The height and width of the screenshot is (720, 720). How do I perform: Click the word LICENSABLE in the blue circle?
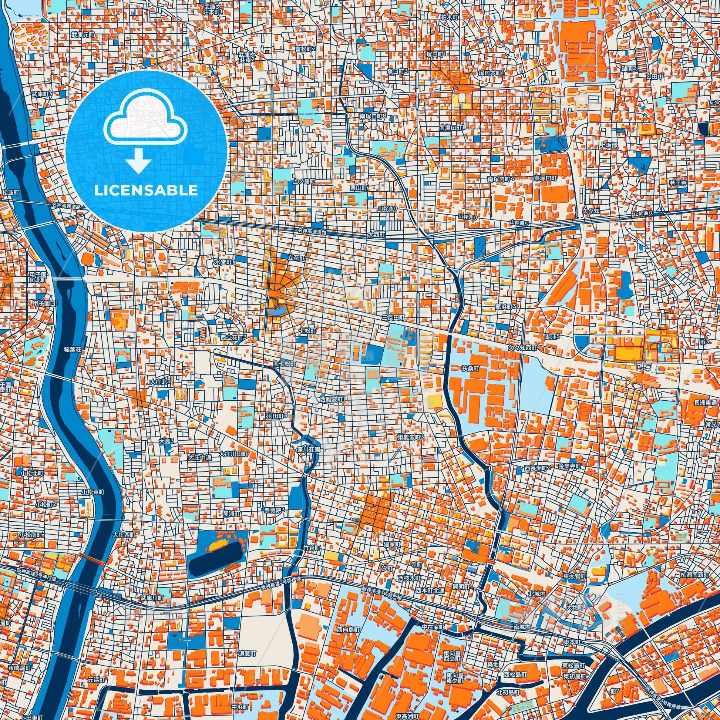coord(146,191)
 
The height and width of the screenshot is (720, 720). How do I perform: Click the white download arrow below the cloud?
coord(138,161)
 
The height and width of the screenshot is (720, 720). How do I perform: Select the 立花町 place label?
coord(297,258)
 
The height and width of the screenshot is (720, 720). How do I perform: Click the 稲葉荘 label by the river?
coord(72,349)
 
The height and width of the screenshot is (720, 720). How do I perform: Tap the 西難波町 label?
coord(333,399)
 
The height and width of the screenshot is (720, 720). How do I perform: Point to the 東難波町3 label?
coord(411,437)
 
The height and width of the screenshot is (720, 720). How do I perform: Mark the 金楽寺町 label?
coord(569,466)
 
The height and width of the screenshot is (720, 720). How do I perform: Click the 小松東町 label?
coord(93,492)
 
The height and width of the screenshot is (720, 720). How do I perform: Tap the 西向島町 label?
coord(349,629)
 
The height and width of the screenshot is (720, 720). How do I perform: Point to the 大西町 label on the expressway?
coord(376,236)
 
